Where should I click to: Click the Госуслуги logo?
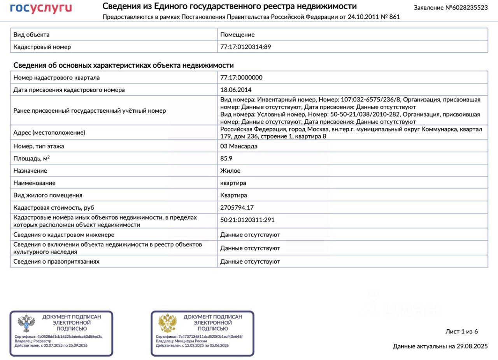pyautogui.click(x=41, y=8)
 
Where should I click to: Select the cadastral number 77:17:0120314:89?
pyautogui.click(x=245, y=47)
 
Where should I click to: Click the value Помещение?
pyautogui.click(x=237, y=35)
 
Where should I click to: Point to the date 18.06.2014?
pyautogui.click(x=236, y=90)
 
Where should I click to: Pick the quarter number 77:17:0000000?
pyautogui.click(x=241, y=77)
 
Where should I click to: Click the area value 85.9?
pyautogui.click(x=226, y=158)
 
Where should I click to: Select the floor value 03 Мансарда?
pyautogui.click(x=238, y=146)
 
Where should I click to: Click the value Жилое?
pyautogui.click(x=230, y=171)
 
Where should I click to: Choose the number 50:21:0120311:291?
pyautogui.click(x=247, y=220)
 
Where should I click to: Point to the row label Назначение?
pyautogui.click(x=30, y=171)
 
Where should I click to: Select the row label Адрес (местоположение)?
pyautogui.click(x=49, y=133)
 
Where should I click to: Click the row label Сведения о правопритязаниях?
pyautogui.click(x=56, y=262)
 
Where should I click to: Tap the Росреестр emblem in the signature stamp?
pyautogui.click(x=26, y=323)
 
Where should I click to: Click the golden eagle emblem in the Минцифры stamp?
pyautogui.click(x=167, y=323)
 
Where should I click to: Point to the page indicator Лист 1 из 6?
pyautogui.click(x=461, y=332)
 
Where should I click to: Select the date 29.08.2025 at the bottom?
pyautogui.click(x=472, y=346)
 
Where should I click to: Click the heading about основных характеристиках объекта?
pyautogui.click(x=123, y=65)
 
